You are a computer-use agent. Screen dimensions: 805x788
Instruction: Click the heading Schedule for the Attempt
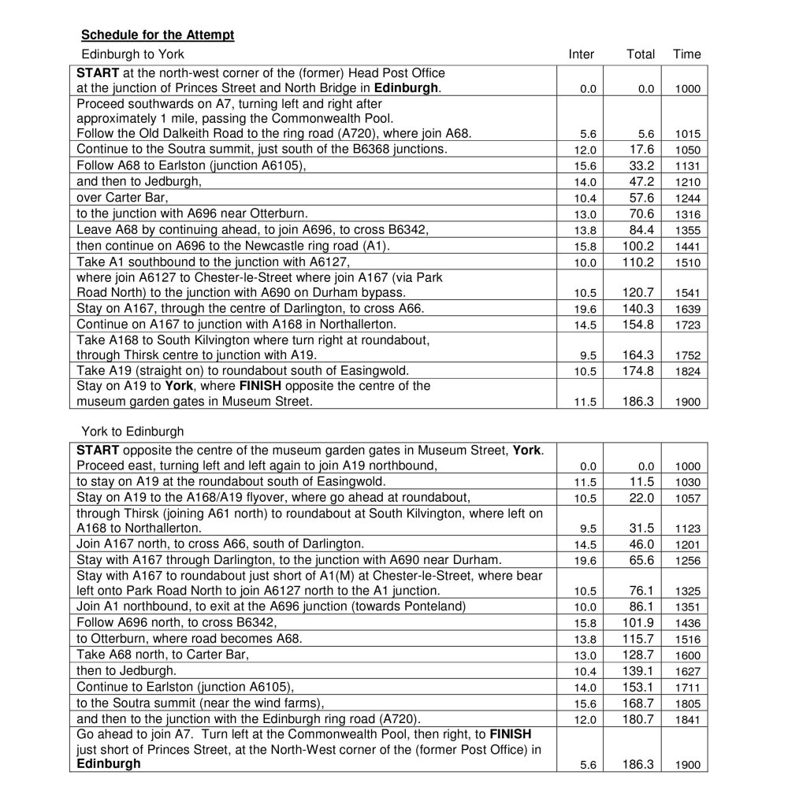158,35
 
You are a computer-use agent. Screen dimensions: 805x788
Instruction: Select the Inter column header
581,54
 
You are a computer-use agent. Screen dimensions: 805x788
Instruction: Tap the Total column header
640,54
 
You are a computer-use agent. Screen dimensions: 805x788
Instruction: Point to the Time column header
686,54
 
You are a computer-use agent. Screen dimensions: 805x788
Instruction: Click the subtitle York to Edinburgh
132,431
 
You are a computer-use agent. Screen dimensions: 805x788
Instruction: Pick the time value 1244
687,198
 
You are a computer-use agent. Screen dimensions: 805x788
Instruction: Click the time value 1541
687,293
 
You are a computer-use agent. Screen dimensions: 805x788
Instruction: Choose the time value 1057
687,498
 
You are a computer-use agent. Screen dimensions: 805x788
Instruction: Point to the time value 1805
687,703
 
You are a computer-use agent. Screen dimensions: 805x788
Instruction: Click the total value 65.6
641,561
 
